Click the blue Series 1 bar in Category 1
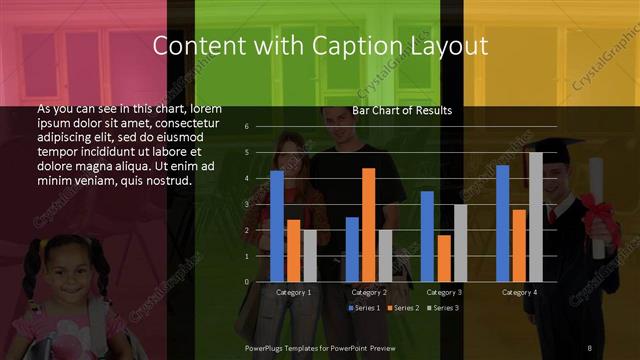point(277,226)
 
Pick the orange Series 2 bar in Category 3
point(444,258)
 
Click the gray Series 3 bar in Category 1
point(310,256)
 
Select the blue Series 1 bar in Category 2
point(352,249)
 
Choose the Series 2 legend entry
point(404,307)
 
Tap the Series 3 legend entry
point(443,307)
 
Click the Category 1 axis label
point(293,292)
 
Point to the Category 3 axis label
point(444,292)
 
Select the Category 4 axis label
point(519,292)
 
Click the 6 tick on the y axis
point(247,127)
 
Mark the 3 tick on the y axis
point(247,204)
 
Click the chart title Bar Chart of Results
point(402,110)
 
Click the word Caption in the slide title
point(379,46)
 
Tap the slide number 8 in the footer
point(589,347)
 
